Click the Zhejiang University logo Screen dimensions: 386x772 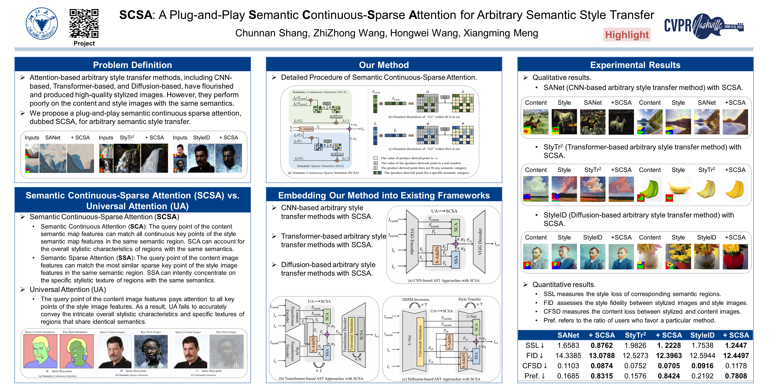pyautogui.click(x=42, y=23)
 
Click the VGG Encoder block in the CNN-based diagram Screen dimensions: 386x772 pyautogui.click(x=412, y=242)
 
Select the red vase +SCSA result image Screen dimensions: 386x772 pyautogui.click(x=735, y=256)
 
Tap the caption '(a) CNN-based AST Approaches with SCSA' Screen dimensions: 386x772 pyautogui.click(x=443, y=280)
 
